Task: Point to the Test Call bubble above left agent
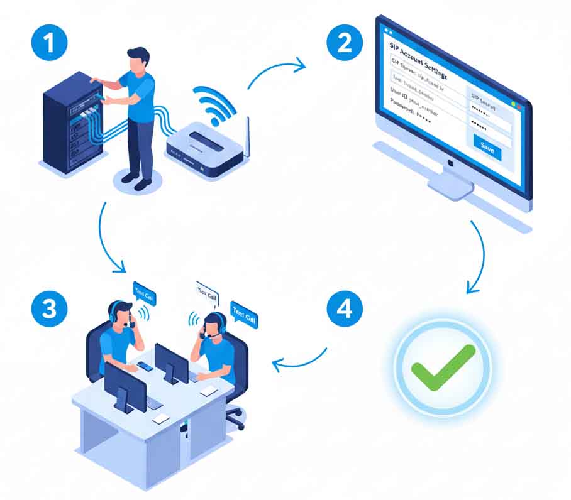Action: (144, 293)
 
